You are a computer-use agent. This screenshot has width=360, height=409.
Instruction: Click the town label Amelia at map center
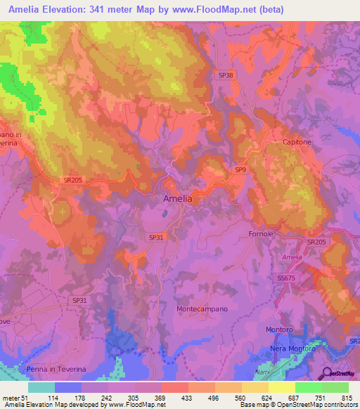177,199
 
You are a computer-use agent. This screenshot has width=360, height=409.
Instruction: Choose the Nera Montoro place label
298,349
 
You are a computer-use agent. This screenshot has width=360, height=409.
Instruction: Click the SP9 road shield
240,169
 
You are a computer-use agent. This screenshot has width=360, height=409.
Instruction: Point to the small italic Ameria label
292,257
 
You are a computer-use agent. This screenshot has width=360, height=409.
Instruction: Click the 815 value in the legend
345,397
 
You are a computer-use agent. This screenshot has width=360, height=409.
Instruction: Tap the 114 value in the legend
52,397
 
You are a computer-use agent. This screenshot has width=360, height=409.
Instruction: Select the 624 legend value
265,397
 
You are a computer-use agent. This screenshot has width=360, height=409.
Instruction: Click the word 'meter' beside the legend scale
11,397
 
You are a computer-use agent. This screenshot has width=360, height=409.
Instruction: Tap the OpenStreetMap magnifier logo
327,374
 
